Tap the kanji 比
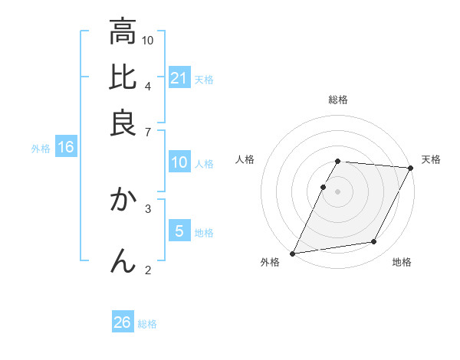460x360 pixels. (123, 77)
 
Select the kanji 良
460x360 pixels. (123, 124)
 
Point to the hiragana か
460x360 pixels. (123, 201)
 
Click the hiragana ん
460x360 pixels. (123, 260)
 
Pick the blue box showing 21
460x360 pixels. (179, 78)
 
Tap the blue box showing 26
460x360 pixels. (123, 322)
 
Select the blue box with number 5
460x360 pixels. (179, 231)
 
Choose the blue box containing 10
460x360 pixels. (179, 162)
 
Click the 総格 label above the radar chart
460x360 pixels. (338, 100)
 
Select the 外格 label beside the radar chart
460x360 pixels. (270, 262)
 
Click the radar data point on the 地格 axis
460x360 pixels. (374, 242)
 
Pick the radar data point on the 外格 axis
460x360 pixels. (292, 253)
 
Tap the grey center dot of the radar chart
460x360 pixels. (337, 191)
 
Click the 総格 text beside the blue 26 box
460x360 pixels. (147, 323)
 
